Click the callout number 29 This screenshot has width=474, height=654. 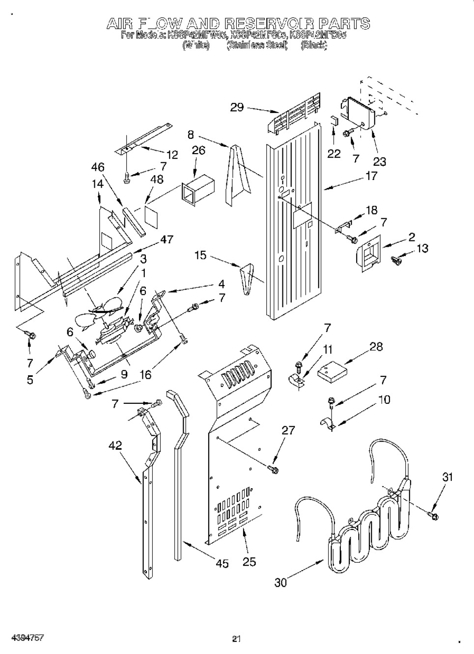(x=237, y=107)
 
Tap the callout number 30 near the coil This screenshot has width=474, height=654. (x=280, y=582)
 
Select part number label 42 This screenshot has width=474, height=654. (x=115, y=445)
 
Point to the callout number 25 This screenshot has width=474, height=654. (x=249, y=562)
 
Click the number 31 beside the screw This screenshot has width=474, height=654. (x=447, y=476)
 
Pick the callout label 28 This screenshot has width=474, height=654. (x=376, y=347)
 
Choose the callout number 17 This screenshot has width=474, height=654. (x=371, y=176)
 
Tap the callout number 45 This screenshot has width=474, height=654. (x=222, y=564)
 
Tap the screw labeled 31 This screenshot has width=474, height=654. (x=433, y=515)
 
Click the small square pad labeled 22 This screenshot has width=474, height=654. (x=334, y=121)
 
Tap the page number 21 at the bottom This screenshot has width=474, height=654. (x=236, y=639)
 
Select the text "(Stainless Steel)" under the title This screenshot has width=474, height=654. (x=256, y=46)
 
